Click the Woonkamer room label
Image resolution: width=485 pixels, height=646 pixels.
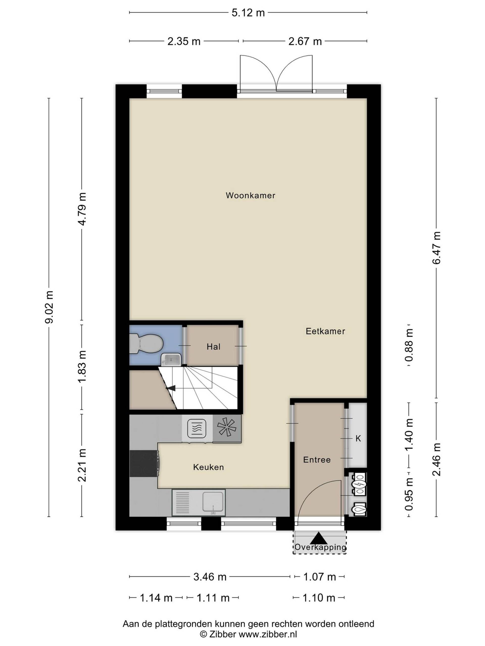click(250, 195)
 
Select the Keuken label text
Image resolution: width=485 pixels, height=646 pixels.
click(208, 467)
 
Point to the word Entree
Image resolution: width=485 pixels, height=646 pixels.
click(317, 460)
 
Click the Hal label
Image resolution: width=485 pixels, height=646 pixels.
click(213, 347)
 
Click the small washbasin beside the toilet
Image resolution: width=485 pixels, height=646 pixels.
click(172, 360)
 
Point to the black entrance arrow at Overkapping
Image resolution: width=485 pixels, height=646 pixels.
click(320, 538)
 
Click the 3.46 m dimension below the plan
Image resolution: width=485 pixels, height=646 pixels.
click(210, 577)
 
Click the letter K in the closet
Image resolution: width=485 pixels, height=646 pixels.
click(358, 438)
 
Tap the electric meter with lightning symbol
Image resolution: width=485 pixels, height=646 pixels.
click(358, 485)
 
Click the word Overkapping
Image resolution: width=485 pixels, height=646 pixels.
click(320, 547)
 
